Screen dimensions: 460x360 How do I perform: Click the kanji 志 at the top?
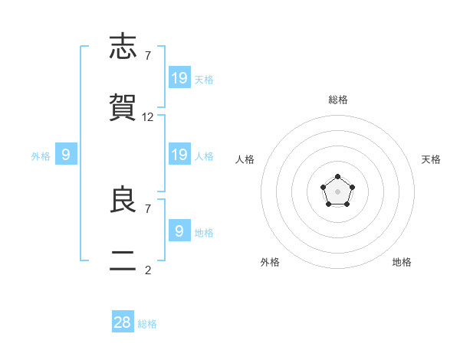[123, 46]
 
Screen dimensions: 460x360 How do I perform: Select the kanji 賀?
[123, 107]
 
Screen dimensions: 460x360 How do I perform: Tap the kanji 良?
[123, 198]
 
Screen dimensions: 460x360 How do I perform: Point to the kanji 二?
[123, 260]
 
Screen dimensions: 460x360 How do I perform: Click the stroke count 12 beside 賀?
[147, 117]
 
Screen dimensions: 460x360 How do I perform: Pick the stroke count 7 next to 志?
[148, 56]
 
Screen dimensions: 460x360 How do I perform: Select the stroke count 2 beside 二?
[148, 270]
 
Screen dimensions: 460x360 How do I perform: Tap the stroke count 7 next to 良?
[148, 209]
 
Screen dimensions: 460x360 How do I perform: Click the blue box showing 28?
[123, 321]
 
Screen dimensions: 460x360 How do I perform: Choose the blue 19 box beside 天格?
[180, 77]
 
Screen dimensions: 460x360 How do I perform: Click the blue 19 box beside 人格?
[180, 154]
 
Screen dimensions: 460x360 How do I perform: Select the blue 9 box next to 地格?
[180, 230]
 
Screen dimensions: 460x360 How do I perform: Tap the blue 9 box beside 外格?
[66, 154]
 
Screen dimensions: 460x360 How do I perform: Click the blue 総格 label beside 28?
[147, 324]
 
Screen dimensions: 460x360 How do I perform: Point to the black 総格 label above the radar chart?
[338, 100]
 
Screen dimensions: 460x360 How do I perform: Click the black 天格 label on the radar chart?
[431, 159]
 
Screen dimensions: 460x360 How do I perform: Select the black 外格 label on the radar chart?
[270, 262]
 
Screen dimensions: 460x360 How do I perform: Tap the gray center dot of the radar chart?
[337, 191]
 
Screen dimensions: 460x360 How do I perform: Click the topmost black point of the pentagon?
[337, 176]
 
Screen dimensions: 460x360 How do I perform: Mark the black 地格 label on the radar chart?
[402, 262]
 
